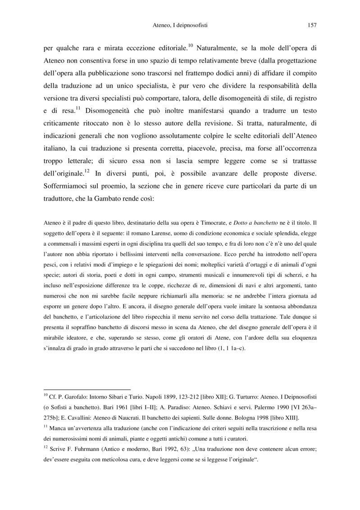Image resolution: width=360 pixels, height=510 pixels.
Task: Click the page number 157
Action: [312, 25]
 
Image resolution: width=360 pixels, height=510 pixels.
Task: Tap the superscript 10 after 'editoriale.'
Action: [191, 45]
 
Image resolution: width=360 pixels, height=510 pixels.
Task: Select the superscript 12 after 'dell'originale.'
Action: [87, 171]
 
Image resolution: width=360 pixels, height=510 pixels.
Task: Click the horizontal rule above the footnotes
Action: [87, 389]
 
